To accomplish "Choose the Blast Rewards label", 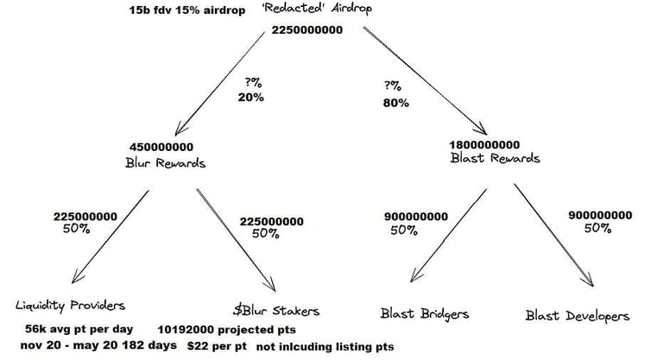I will tap(496, 158).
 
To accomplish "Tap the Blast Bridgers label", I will tap(423, 313).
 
